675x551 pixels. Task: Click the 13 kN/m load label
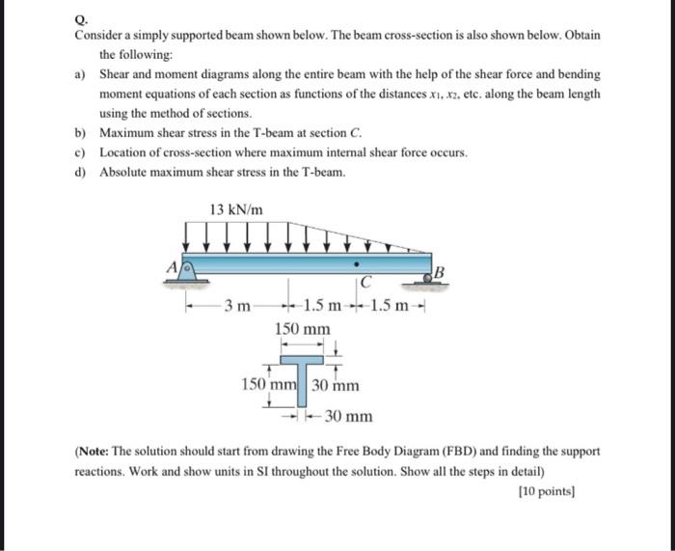click(x=235, y=209)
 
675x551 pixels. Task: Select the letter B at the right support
click(x=440, y=269)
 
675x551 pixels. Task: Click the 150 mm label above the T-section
click(x=302, y=330)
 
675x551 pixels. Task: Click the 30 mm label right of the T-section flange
click(x=336, y=385)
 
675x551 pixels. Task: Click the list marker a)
click(x=82, y=74)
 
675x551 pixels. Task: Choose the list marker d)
click(x=82, y=171)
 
